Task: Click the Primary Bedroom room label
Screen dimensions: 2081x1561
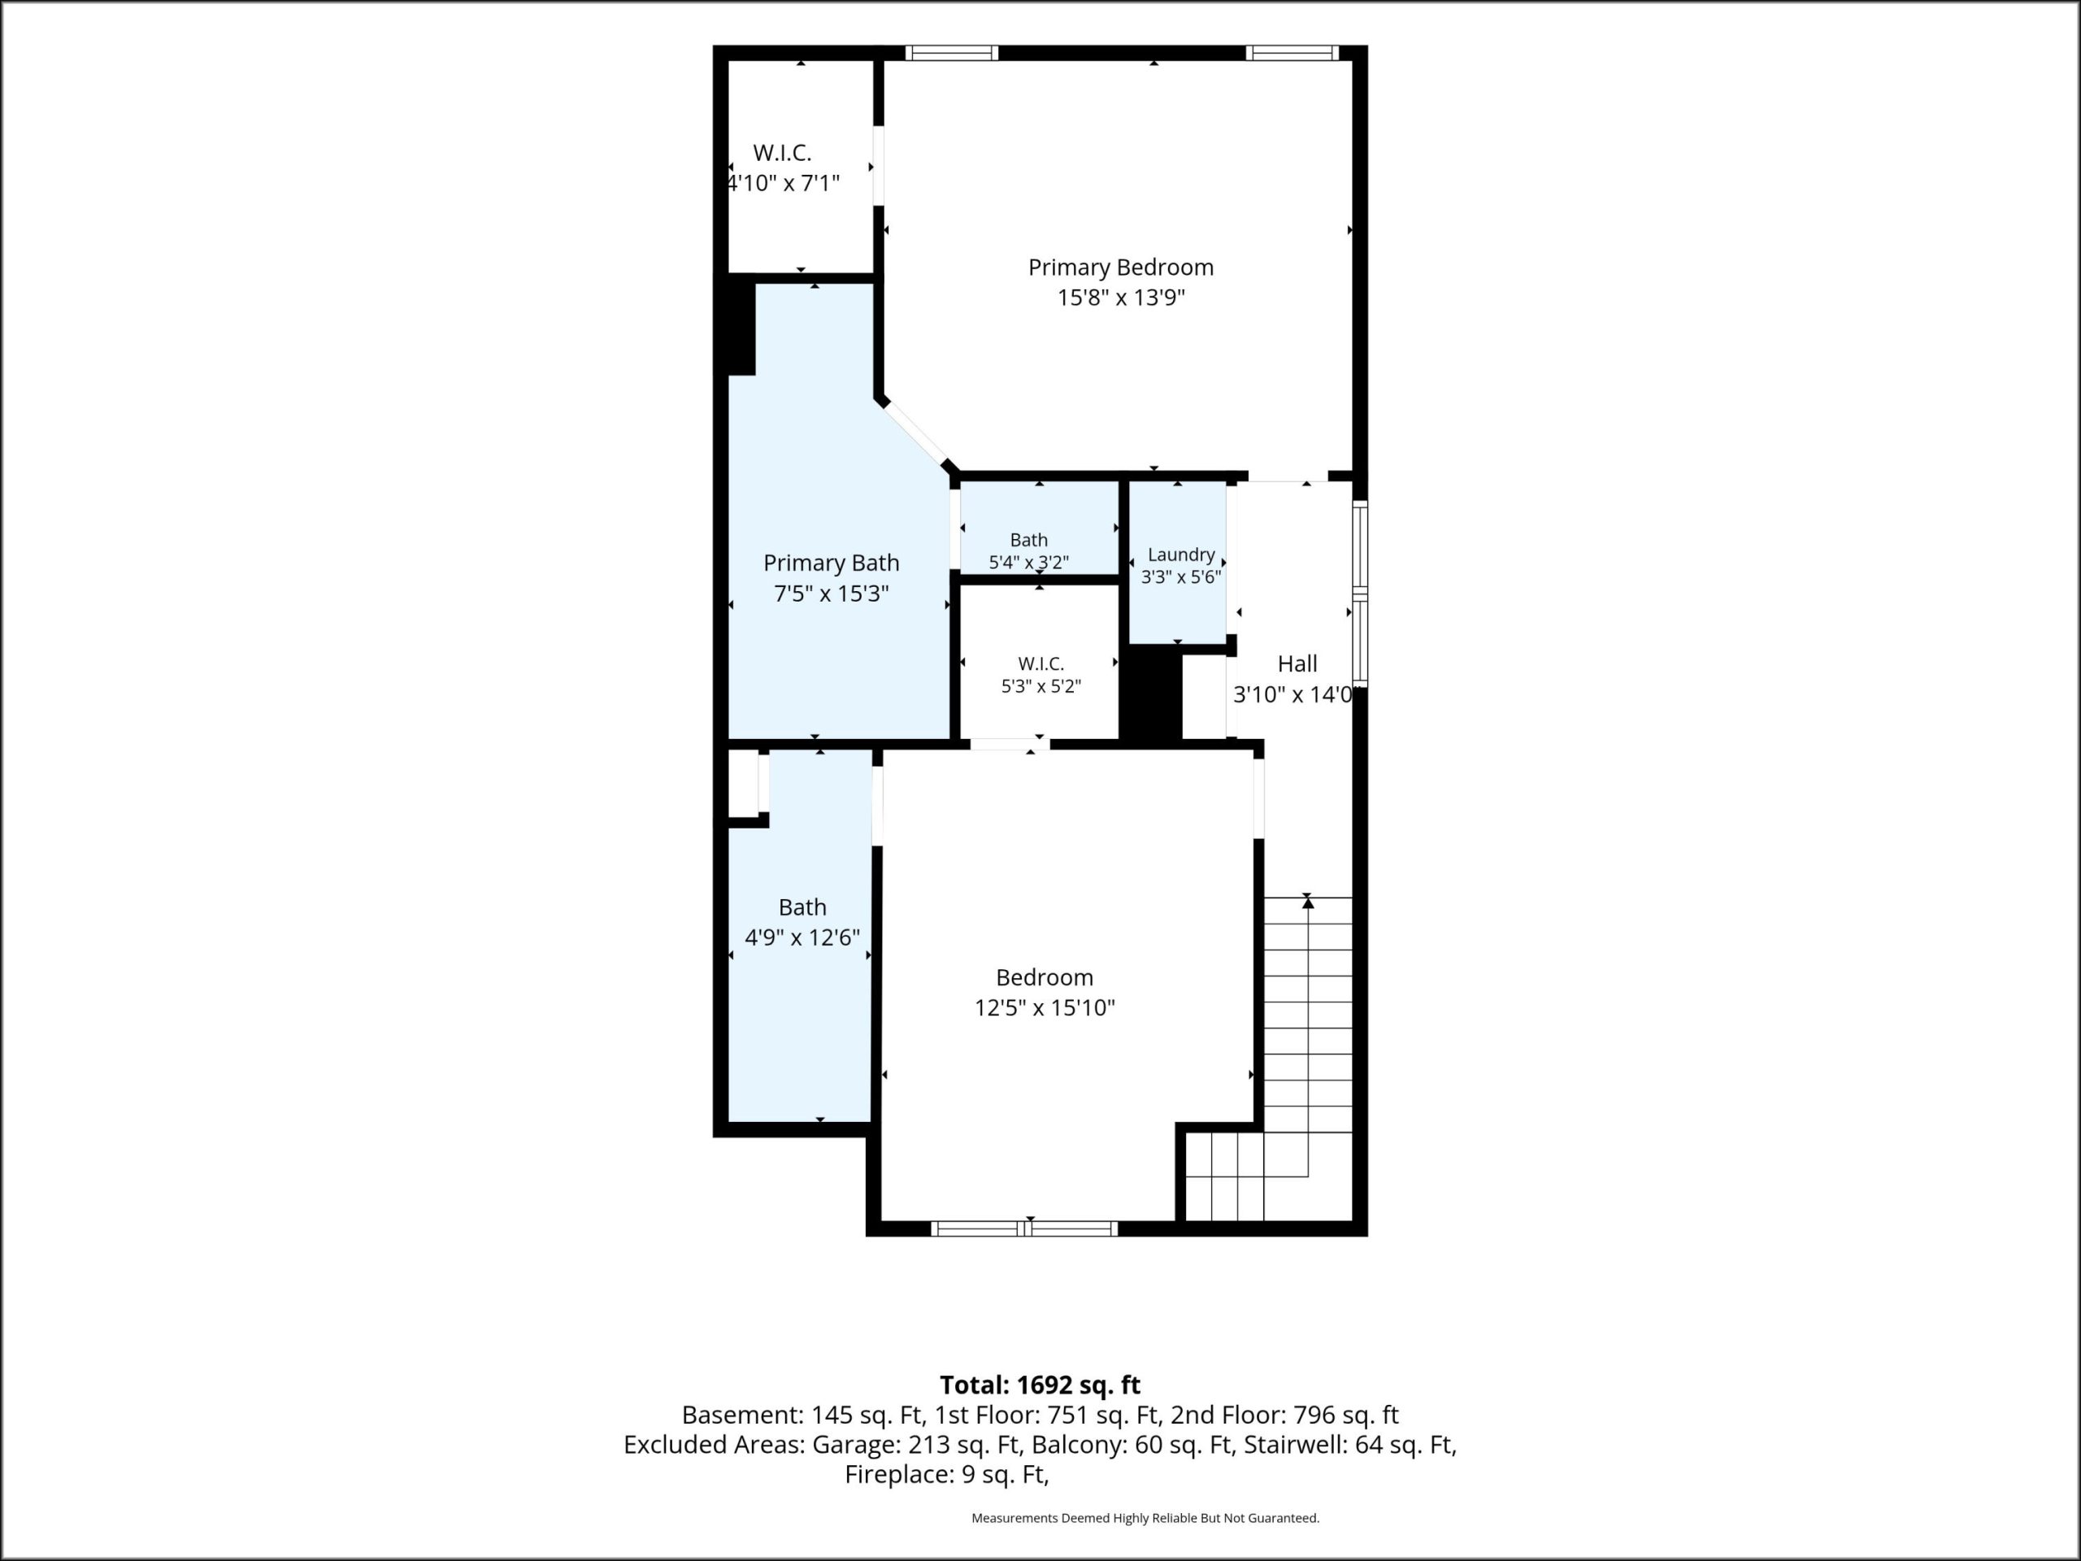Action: click(1120, 268)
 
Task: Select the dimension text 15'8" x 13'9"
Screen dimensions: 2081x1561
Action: click(1120, 298)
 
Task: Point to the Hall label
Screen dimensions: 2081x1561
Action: click(1297, 664)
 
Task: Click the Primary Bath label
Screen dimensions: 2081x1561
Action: click(831, 563)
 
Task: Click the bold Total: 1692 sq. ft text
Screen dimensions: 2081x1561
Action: click(1040, 1386)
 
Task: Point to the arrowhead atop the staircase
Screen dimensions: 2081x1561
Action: click(1308, 902)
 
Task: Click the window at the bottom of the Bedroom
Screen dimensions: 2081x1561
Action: click(1024, 1228)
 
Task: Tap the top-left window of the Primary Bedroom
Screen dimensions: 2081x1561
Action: click(952, 53)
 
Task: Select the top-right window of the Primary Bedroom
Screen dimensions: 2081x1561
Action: click(1292, 53)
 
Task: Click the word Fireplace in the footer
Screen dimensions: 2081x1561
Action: click(898, 1476)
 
